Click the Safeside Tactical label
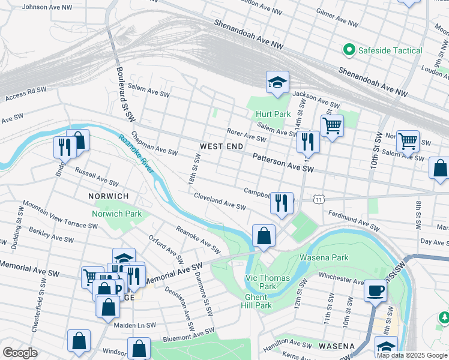pyautogui.click(x=391, y=50)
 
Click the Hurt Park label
pyautogui.click(x=273, y=114)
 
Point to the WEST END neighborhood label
pyautogui.click(x=221, y=146)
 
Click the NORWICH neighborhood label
pyautogui.click(x=109, y=196)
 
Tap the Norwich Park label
pyautogui.click(x=116, y=214)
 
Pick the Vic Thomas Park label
pyautogui.click(x=268, y=282)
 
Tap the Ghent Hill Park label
pyautogui.click(x=259, y=301)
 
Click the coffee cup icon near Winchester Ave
pyautogui.click(x=376, y=290)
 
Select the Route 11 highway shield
pyautogui.click(x=319, y=199)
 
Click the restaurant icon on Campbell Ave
pyautogui.click(x=282, y=203)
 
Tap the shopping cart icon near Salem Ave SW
pyautogui.click(x=331, y=125)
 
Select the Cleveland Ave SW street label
pyautogui.click(x=220, y=201)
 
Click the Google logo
pyautogui.click(x=20, y=353)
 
